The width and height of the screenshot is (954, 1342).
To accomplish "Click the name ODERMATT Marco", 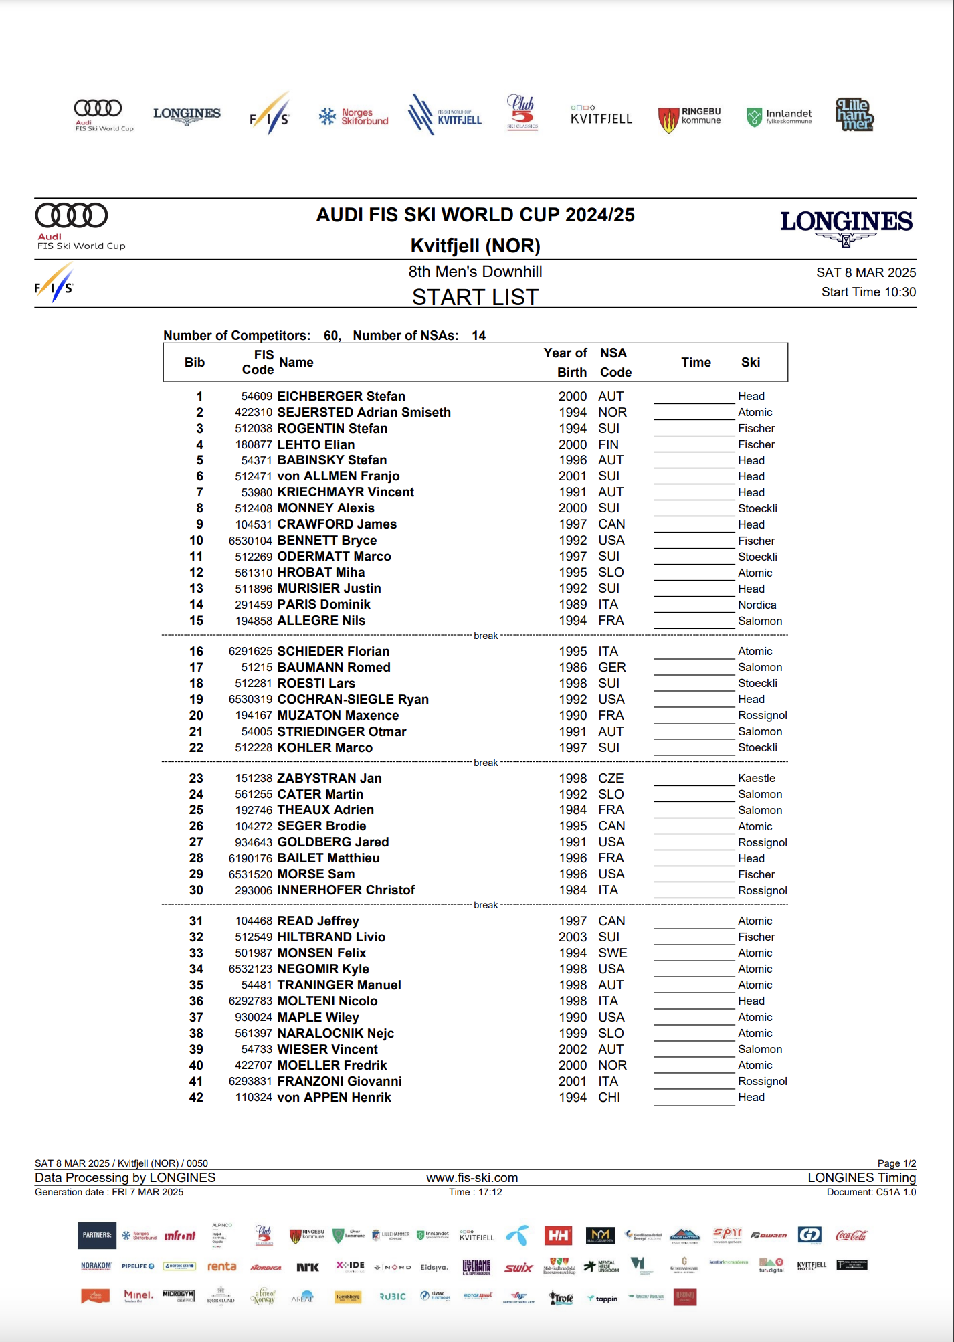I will (x=334, y=557).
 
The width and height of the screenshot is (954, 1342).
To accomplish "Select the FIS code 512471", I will (x=254, y=476).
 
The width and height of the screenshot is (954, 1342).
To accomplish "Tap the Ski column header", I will (x=750, y=362).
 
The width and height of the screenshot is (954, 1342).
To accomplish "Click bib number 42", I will (x=196, y=1098).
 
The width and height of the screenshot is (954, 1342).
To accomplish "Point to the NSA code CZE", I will (x=611, y=779).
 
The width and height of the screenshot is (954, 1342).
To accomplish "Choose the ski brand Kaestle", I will (x=757, y=779).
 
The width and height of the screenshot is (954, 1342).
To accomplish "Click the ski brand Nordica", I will (x=757, y=605).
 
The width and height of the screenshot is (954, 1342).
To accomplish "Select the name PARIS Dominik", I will (x=324, y=605).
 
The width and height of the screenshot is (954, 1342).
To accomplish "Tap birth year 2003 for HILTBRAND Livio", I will (x=573, y=937).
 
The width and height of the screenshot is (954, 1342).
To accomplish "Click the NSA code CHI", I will (x=609, y=1098).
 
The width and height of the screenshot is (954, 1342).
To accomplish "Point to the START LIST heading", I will (x=475, y=297).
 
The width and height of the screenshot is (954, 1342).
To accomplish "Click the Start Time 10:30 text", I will (x=868, y=292).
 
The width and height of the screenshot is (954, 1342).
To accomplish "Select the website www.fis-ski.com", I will (x=472, y=1177).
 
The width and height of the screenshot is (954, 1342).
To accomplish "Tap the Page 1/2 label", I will (x=896, y=1163).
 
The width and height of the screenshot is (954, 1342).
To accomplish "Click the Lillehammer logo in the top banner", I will (x=854, y=114).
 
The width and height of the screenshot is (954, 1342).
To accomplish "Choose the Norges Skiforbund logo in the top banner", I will (x=354, y=117).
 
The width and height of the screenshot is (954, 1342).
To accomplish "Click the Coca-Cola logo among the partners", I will (x=851, y=1235).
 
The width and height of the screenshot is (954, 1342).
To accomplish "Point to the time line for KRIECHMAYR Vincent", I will (x=694, y=498).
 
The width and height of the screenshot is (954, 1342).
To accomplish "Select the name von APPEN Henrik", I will (x=334, y=1098).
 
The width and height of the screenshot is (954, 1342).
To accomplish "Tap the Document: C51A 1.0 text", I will (x=871, y=1192).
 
